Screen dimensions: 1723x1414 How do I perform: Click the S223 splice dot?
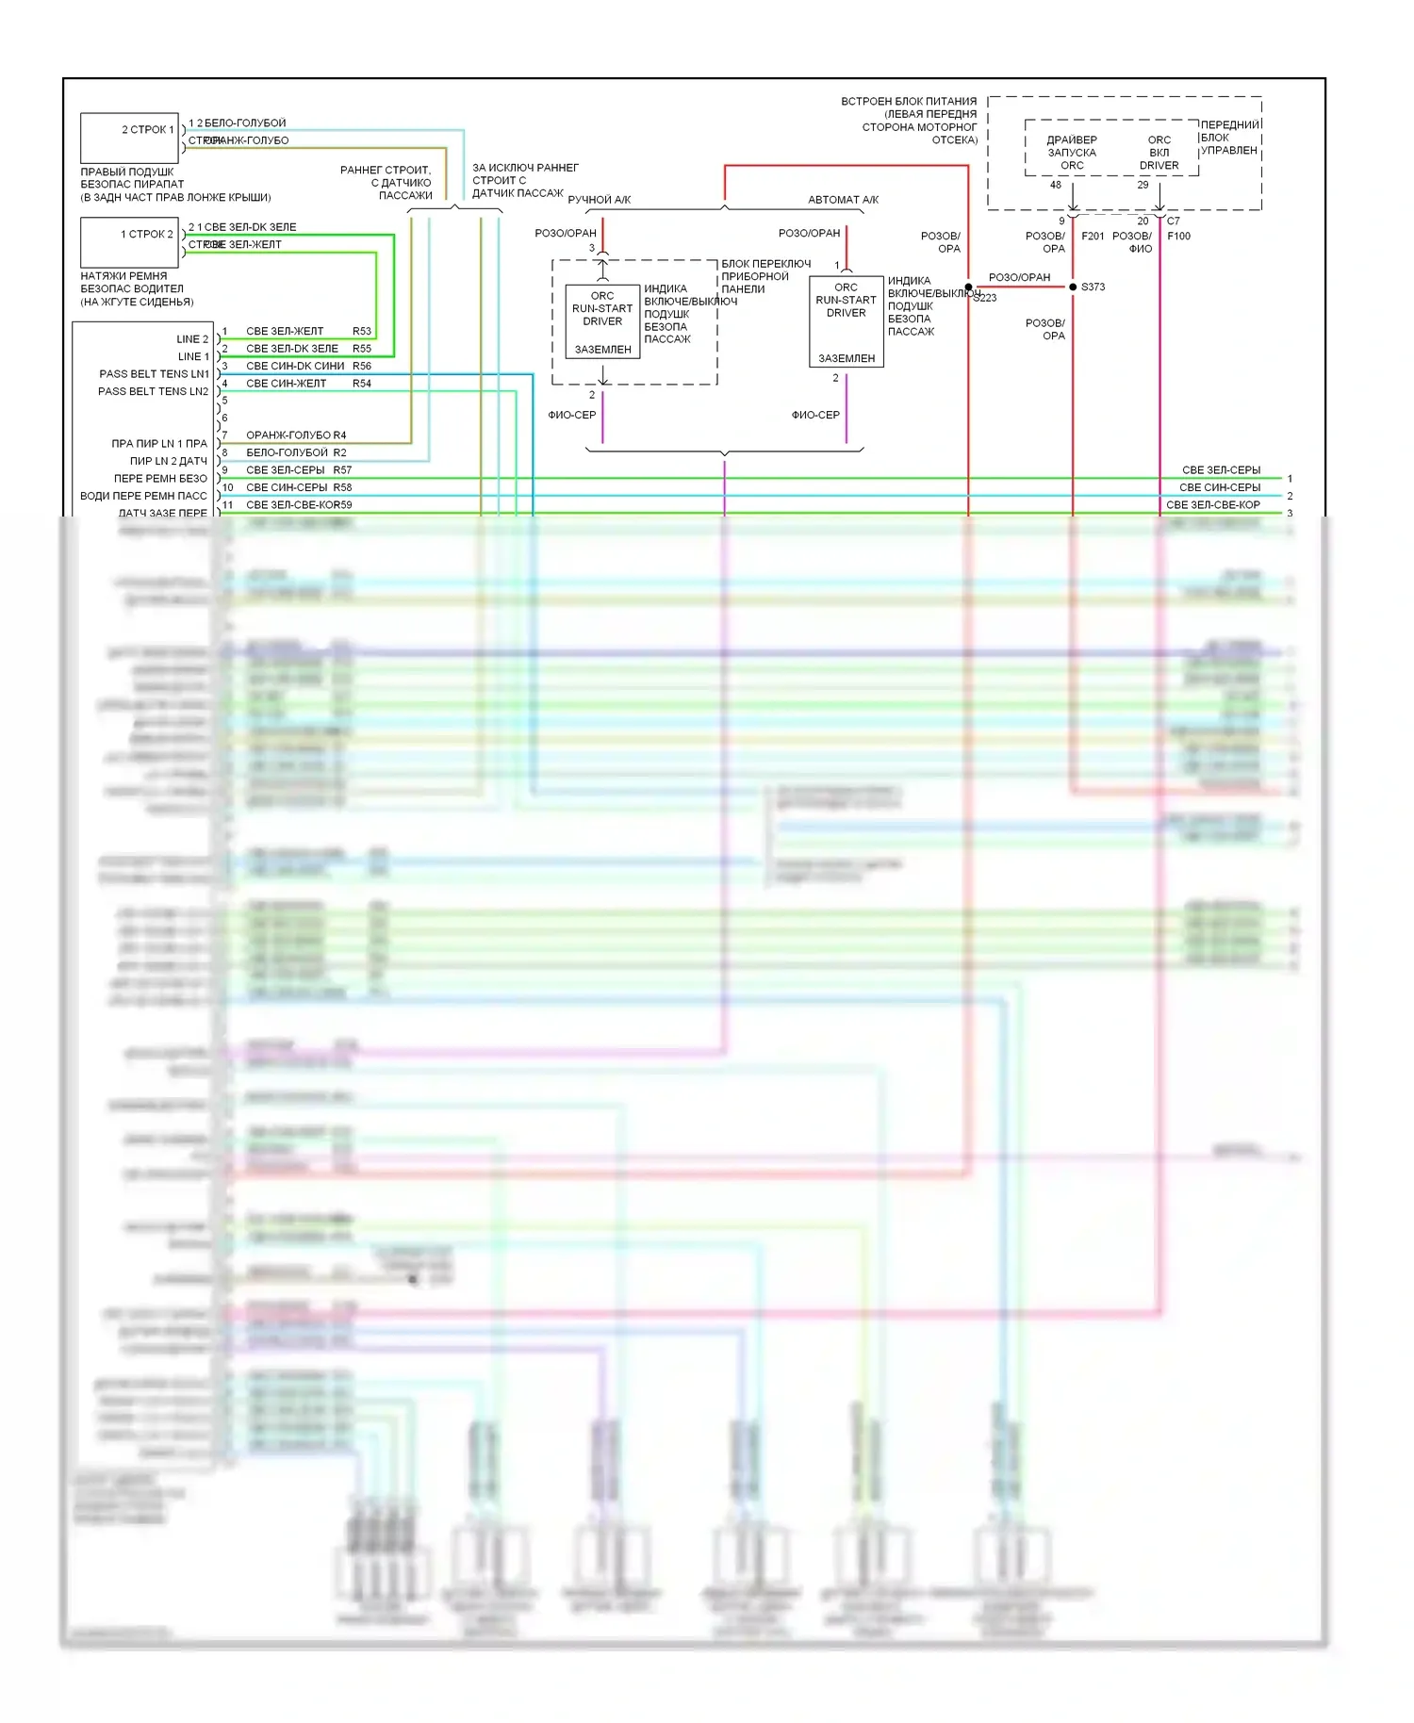coord(968,287)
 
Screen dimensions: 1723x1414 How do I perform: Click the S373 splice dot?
coord(1073,287)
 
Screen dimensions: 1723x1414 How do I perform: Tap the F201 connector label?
coord(1093,236)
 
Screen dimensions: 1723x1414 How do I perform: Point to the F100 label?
coord(1178,236)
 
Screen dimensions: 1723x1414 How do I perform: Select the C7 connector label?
coord(1174,222)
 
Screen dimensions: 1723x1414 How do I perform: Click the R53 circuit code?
coord(362,331)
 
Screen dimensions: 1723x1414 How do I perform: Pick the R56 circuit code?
coord(362,366)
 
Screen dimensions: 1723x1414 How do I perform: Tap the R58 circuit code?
coord(342,487)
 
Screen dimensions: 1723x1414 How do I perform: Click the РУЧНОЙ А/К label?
coord(599,200)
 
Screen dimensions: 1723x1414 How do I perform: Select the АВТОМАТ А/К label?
coord(843,200)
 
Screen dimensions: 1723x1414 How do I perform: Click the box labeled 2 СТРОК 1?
coord(130,138)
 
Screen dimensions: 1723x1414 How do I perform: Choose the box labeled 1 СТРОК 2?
coord(130,242)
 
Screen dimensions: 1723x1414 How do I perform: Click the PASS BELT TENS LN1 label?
coord(154,374)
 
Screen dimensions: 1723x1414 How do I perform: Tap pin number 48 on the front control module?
coord(1056,185)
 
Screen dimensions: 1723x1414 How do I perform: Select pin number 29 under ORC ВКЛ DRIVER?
coord(1143,185)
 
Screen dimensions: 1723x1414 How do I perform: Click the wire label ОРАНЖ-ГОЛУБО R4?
coord(296,435)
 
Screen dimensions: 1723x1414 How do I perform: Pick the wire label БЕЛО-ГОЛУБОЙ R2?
coord(296,452)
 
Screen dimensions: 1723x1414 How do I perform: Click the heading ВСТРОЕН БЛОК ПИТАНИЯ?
coord(909,101)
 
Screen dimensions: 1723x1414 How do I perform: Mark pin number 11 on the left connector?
coord(227,505)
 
